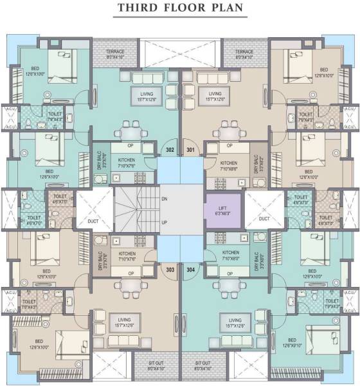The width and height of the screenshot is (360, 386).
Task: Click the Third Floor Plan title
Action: (x=180, y=9)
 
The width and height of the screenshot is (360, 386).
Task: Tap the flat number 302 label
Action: (x=170, y=150)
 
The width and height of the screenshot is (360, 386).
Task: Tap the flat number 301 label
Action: (x=190, y=150)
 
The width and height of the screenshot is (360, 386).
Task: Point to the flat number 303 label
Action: (x=170, y=271)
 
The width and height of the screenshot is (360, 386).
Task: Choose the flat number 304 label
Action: (x=191, y=271)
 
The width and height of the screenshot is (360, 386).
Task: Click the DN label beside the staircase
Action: (x=165, y=198)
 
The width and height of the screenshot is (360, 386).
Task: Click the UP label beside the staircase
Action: (x=165, y=223)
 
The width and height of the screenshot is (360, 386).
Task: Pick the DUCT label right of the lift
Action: (x=264, y=219)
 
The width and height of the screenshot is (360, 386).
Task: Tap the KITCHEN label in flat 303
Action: (x=127, y=253)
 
